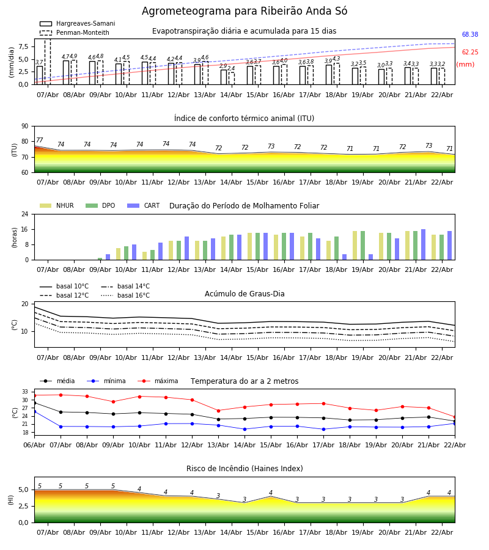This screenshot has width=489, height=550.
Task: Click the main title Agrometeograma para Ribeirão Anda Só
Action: (x=244, y=12)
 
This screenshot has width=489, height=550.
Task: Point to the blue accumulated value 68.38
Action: (x=470, y=35)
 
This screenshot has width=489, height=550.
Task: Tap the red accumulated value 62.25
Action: (x=470, y=53)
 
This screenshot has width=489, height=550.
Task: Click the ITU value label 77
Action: (x=39, y=141)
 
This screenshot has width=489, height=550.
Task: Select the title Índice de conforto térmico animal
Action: (x=244, y=119)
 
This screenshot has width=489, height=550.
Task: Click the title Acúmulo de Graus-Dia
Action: (x=244, y=294)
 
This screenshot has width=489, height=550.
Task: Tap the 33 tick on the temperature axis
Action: (x=25, y=392)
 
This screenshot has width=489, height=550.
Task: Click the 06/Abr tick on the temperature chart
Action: (x=34, y=444)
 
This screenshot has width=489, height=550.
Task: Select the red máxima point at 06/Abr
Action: (x=34, y=395)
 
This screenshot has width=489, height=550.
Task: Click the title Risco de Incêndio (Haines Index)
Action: (x=244, y=469)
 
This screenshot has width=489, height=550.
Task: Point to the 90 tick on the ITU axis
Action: (x=24, y=127)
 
